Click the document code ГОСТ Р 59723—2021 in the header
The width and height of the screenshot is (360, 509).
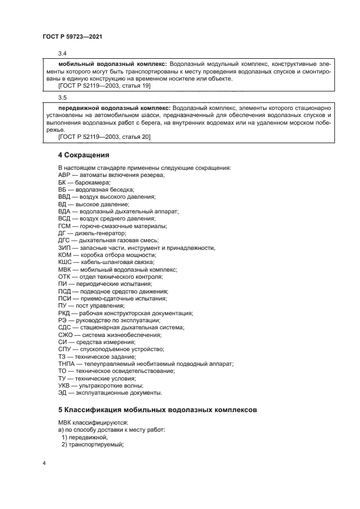pos(72,36)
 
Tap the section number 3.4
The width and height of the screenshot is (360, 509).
pos(62,53)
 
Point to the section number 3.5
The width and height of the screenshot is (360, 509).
pos(62,98)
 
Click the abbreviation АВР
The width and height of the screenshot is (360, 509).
pos(64,175)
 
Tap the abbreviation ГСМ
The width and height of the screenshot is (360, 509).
pos(65,226)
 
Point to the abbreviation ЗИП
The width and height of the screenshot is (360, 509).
pos(64,248)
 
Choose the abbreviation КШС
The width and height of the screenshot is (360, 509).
pos(65,262)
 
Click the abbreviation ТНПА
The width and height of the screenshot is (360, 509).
pos(67,364)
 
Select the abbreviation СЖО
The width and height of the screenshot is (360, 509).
pos(65,335)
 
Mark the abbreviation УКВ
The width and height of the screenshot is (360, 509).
pos(64,385)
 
